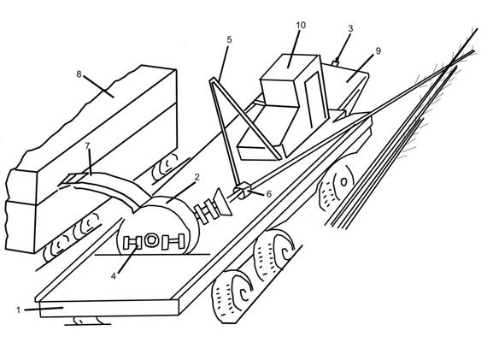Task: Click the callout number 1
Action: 18,310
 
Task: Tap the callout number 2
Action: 197,177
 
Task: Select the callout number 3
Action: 350,28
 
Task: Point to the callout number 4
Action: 114,276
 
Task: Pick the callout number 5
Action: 229,39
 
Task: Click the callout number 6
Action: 269,194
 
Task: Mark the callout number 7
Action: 87,145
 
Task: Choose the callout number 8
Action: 79,74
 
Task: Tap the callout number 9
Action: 379,50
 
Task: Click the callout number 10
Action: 301,25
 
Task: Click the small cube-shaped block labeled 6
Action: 243,191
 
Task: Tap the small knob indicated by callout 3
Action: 337,62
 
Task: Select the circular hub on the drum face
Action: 151,239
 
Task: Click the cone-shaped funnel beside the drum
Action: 223,203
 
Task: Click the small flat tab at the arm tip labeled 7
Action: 73,179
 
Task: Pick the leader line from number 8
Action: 98,86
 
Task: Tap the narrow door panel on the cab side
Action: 314,100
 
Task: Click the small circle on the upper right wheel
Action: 343,181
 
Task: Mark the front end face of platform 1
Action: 109,308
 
